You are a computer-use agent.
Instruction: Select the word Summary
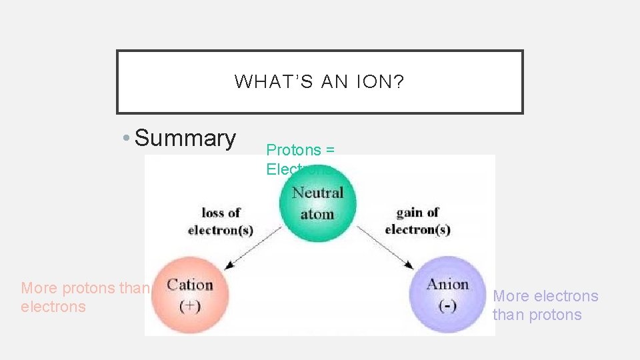185,138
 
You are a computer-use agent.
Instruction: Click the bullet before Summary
126,139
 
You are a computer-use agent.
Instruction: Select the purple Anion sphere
448,295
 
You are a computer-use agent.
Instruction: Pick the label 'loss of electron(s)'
221,221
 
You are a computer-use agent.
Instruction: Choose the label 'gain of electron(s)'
417,221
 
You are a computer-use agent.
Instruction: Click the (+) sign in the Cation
191,307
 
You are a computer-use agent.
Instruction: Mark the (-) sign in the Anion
448,307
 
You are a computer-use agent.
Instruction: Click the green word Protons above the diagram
293,150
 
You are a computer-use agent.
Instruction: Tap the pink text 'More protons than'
85,288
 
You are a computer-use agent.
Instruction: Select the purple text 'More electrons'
545,296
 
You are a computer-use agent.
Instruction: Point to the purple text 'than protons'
537,315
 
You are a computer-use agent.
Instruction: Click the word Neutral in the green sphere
317,193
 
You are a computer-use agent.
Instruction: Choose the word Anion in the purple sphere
448,285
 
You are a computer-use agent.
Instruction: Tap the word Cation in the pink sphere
190,285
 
